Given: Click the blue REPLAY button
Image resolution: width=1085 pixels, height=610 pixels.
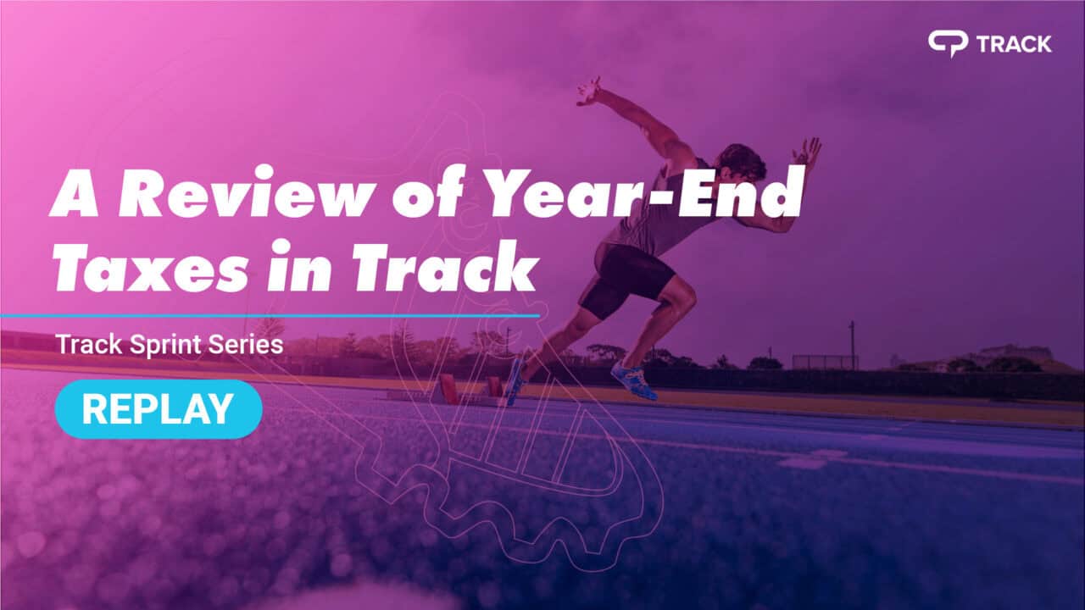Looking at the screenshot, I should (x=159, y=409).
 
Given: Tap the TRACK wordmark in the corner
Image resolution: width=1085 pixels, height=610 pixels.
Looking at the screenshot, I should (x=1014, y=43).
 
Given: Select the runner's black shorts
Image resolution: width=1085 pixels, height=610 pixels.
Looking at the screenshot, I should (x=632, y=274).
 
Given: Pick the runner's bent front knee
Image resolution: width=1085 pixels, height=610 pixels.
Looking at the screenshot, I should (x=682, y=297).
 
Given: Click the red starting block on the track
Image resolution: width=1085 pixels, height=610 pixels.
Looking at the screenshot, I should (x=447, y=389).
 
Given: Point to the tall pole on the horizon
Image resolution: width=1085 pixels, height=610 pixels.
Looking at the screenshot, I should (x=851, y=344).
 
